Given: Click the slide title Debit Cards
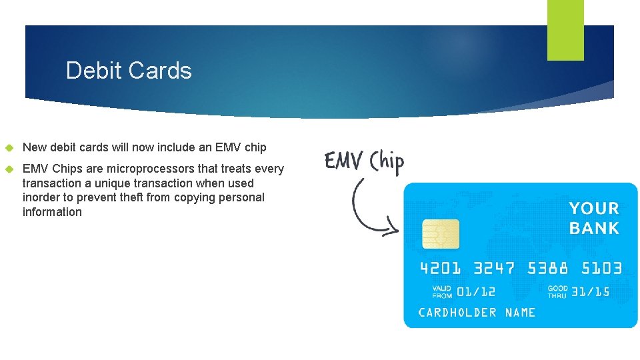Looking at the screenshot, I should coord(129,71).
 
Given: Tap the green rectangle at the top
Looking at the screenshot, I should coord(565,30).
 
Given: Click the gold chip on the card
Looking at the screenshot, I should coord(441,234).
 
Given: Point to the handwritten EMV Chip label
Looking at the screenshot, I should coord(364,161).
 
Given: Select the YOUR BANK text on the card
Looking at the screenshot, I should coord(594,218).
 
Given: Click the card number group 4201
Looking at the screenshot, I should coord(440,269).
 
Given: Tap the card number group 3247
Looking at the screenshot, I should coord(494,269).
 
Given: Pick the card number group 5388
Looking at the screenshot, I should coord(548,269).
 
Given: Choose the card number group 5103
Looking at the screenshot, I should coord(601,269).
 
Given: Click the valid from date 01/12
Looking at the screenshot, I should coord(477,291).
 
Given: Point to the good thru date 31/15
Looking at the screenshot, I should coord(591,291).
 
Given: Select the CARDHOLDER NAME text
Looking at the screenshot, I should coord(477,312).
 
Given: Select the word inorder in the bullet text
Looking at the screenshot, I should coord(41,197).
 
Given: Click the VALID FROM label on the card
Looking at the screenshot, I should coord(442,291).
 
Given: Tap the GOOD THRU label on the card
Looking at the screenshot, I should coord(557,291).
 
